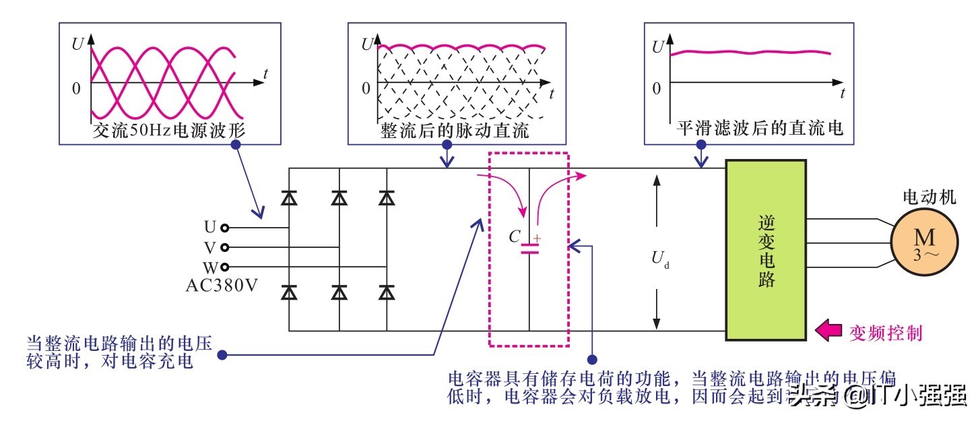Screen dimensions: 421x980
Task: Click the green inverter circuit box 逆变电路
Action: click(x=766, y=249)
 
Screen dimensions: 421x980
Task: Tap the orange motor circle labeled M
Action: click(x=924, y=244)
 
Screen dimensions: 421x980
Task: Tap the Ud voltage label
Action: click(x=659, y=258)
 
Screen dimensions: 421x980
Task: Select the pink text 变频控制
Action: click(x=885, y=332)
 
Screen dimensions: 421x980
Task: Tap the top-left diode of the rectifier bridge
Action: click(x=290, y=197)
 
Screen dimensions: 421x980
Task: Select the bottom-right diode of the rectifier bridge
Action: click(x=387, y=293)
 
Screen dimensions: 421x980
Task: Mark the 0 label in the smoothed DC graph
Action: click(x=656, y=88)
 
